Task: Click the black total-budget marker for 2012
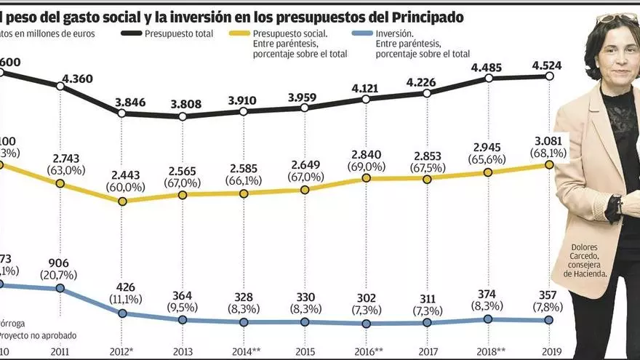pyautogui.click(x=121, y=113)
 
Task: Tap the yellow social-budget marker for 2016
pyautogui.click(x=366, y=178)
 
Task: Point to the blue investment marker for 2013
pyautogui.click(x=183, y=320)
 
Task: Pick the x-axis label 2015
pyautogui.click(x=305, y=351)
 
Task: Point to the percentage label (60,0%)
pyautogui.click(x=121, y=187)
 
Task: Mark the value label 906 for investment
pyautogui.click(x=60, y=263)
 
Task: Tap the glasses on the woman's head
pyautogui.click(x=616, y=17)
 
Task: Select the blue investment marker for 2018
pyautogui.click(x=488, y=319)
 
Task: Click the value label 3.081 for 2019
pyautogui.click(x=549, y=140)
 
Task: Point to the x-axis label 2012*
pyautogui.click(x=121, y=351)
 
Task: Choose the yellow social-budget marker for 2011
pyautogui.click(x=60, y=184)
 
